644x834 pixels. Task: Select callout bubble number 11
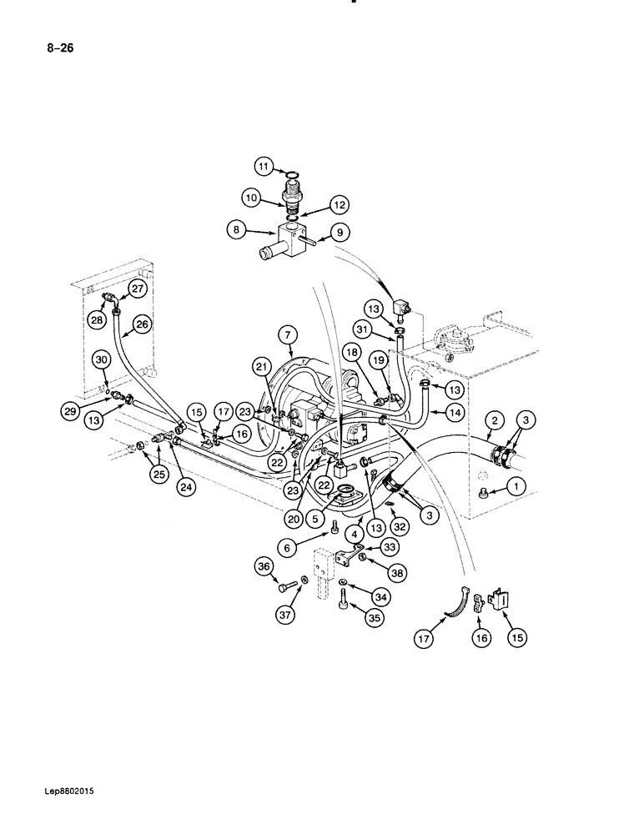tap(264, 167)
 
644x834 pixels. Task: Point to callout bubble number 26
tap(142, 324)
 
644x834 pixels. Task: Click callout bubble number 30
tap(101, 359)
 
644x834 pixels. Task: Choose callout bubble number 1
tap(518, 485)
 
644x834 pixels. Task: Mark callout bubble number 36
tap(264, 567)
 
